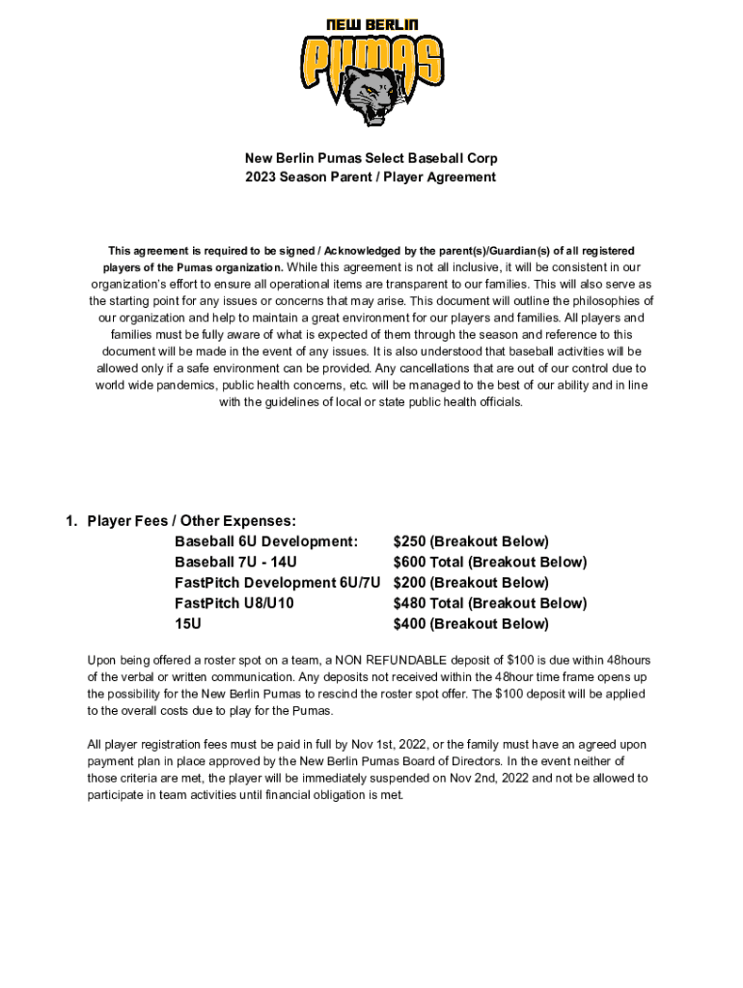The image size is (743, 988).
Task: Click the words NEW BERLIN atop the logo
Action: pos(371,25)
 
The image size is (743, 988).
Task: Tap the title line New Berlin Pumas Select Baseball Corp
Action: pos(371,157)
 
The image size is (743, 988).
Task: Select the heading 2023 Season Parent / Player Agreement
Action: pos(371,178)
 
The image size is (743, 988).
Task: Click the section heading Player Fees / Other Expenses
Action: pos(191,521)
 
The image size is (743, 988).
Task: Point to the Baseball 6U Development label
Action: pos(266,541)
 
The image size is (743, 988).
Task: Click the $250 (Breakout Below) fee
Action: pos(471,541)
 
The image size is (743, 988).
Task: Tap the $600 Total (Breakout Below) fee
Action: pos(489,562)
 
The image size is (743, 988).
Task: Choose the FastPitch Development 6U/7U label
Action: pos(278,583)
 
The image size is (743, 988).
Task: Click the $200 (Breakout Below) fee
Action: pos(471,583)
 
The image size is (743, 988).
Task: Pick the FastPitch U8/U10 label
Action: pos(234,603)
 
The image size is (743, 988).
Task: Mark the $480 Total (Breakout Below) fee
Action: pos(489,603)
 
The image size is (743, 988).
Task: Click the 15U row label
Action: pos(188,623)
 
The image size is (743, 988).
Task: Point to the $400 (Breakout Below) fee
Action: pos(471,623)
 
